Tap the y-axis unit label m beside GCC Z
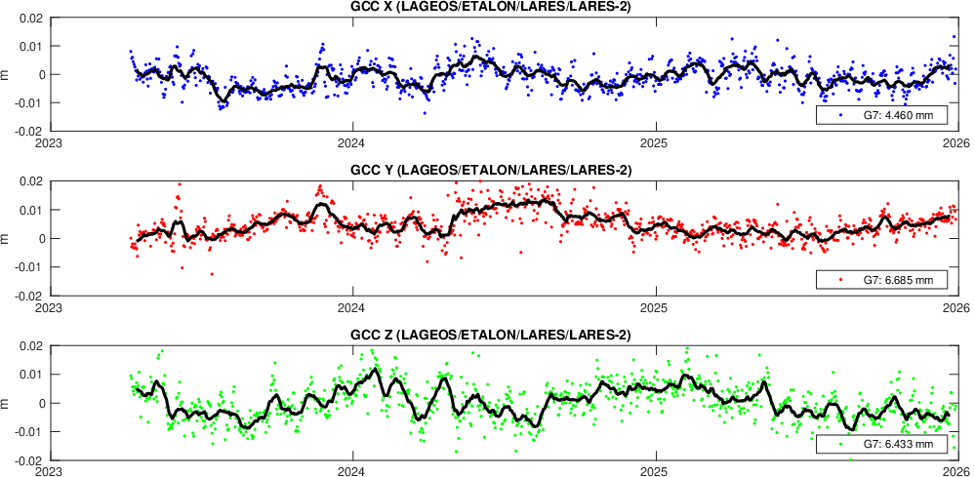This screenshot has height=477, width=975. pos(7,403)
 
